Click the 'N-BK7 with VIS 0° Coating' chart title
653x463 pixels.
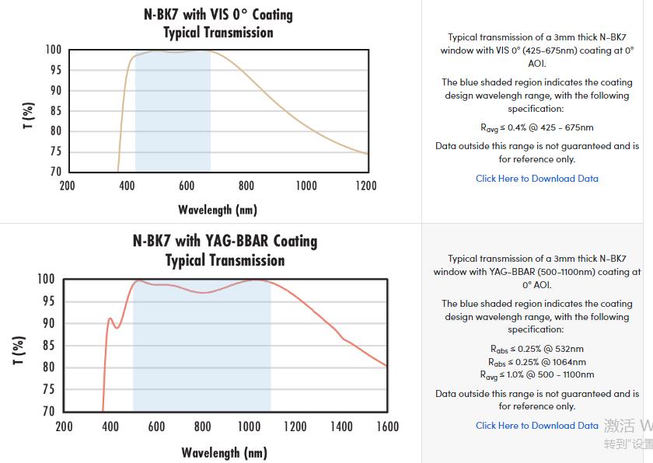(x=218, y=15)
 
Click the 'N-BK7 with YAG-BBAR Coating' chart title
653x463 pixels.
(x=225, y=241)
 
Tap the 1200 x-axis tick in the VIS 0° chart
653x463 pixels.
(x=366, y=186)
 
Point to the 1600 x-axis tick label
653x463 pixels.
(x=386, y=426)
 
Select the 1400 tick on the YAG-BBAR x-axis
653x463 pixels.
(x=340, y=426)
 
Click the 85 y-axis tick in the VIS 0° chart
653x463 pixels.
(x=54, y=110)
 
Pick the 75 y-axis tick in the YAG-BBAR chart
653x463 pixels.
(x=48, y=389)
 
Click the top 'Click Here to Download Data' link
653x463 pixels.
(x=536, y=179)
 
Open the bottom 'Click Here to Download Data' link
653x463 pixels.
(x=536, y=426)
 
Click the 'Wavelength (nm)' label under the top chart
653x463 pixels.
(x=218, y=210)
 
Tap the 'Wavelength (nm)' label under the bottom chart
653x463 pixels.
(x=224, y=452)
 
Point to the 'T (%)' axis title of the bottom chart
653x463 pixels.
(x=19, y=350)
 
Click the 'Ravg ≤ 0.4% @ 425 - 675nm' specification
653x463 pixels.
(x=536, y=127)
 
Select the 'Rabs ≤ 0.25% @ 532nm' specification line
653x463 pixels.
(x=536, y=349)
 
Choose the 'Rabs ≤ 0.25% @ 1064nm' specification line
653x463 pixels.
(x=536, y=362)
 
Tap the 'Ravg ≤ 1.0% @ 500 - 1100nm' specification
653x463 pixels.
(x=536, y=375)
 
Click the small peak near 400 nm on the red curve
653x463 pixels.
(x=110, y=318)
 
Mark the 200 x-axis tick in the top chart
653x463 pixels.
(x=68, y=186)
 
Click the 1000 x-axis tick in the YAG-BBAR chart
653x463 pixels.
(x=249, y=426)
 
